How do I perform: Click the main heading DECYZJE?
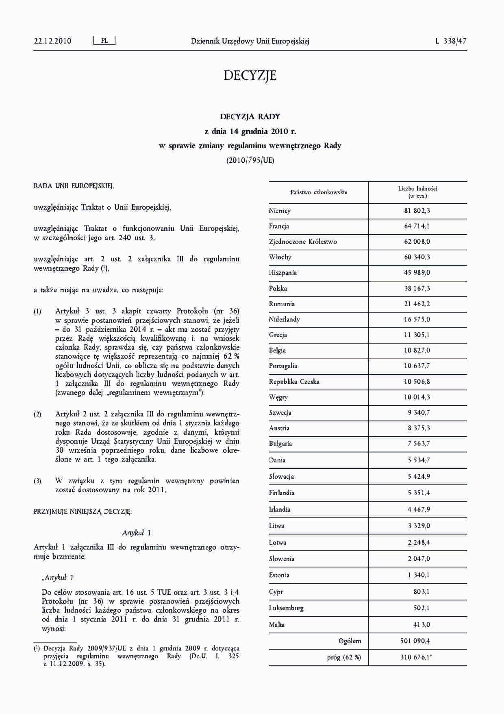250,76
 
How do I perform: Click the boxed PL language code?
104,41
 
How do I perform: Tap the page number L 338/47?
451,41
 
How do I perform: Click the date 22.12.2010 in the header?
53,41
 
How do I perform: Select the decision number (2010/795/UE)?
250,160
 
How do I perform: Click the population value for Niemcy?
417,211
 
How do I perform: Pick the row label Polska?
278,289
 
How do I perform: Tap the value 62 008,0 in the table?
417,242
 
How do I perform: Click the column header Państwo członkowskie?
319,193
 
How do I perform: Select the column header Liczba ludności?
417,192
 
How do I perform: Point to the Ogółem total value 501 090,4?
415,641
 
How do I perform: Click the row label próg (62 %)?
344,657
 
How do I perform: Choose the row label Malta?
277,625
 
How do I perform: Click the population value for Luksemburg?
421,608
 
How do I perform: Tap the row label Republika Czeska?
294,382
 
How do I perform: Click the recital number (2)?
37,415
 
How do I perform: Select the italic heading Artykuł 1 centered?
137,533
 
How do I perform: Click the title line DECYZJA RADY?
250,117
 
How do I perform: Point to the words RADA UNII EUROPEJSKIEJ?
74,186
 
